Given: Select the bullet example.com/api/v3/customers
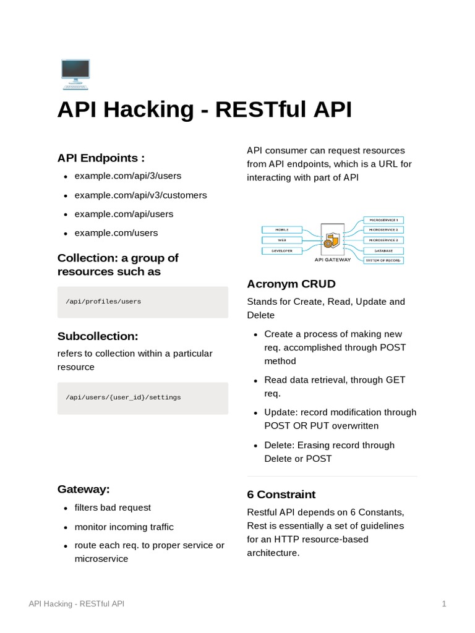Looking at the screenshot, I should point(140,195).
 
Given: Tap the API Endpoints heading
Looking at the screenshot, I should point(101,158).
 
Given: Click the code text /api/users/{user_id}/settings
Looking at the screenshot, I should point(123,397).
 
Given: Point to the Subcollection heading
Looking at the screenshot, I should point(98,336).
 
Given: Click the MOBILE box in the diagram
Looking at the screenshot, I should point(281,229).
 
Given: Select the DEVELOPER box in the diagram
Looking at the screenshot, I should point(281,250).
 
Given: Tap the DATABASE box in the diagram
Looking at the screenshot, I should point(383,250).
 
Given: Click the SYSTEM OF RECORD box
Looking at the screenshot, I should point(383,260).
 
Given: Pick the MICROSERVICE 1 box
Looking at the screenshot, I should point(383,219).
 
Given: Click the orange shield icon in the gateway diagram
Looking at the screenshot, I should point(332,239).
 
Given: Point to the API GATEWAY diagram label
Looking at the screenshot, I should point(332,260).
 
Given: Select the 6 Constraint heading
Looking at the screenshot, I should point(281,495).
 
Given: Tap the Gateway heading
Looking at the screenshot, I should point(83,489).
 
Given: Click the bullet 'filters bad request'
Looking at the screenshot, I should point(113,508).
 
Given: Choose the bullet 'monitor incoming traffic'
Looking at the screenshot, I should point(124,527).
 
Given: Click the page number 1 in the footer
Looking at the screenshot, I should point(444,603).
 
